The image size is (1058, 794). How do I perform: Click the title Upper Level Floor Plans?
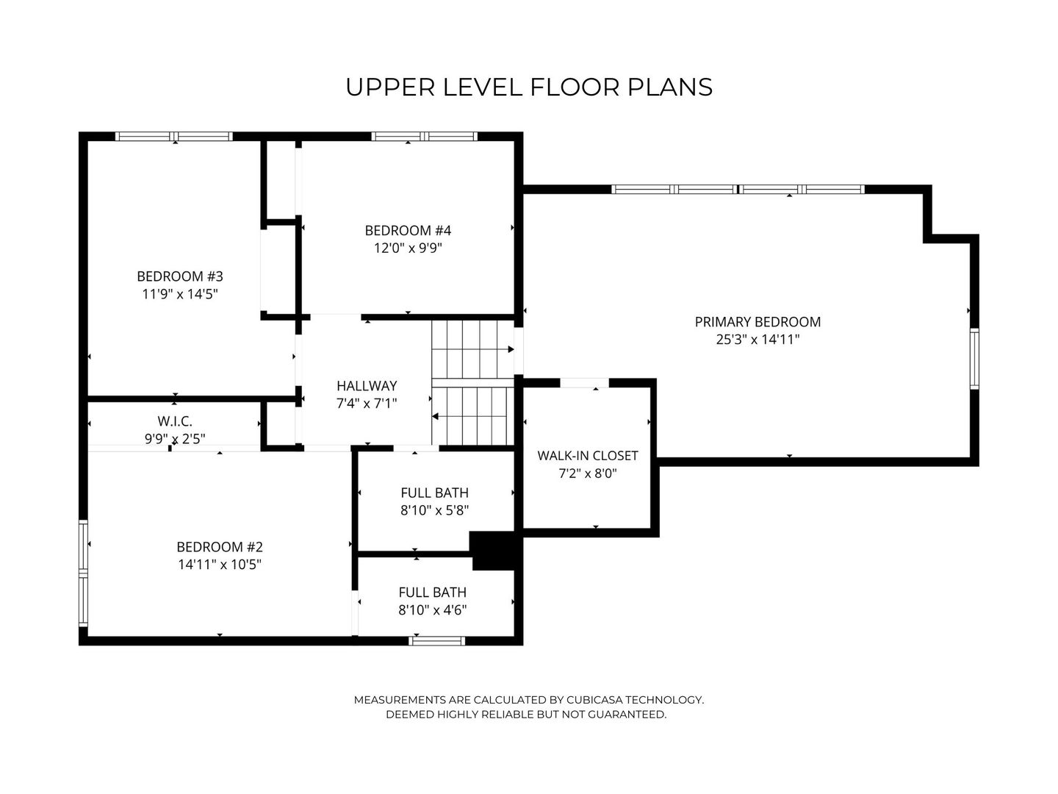point(529,87)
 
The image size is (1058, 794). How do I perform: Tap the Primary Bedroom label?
point(757,321)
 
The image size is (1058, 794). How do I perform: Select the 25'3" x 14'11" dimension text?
point(757,340)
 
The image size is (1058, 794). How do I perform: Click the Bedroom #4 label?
point(408,230)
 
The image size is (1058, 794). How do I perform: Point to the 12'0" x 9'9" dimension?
point(408,248)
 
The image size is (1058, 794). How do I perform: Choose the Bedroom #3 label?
point(179,276)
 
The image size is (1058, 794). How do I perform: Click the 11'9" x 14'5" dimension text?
point(179,294)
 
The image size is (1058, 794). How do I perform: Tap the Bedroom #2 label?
point(219,547)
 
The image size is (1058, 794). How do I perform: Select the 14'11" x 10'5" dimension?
point(219,565)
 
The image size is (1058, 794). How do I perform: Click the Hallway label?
point(367,385)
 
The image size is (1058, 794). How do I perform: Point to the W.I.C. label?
point(175,421)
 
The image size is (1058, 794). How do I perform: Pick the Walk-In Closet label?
point(588,456)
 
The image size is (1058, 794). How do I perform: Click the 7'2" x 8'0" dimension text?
point(588,474)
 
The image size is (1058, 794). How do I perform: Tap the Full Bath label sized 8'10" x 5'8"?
point(434,493)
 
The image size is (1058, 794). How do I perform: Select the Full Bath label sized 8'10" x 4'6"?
point(433,592)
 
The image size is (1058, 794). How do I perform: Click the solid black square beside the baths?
point(494,551)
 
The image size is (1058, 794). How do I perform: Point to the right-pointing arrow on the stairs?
point(509,349)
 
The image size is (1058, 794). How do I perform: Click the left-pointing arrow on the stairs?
point(436,417)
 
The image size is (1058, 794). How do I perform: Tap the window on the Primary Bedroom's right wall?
point(974,358)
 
